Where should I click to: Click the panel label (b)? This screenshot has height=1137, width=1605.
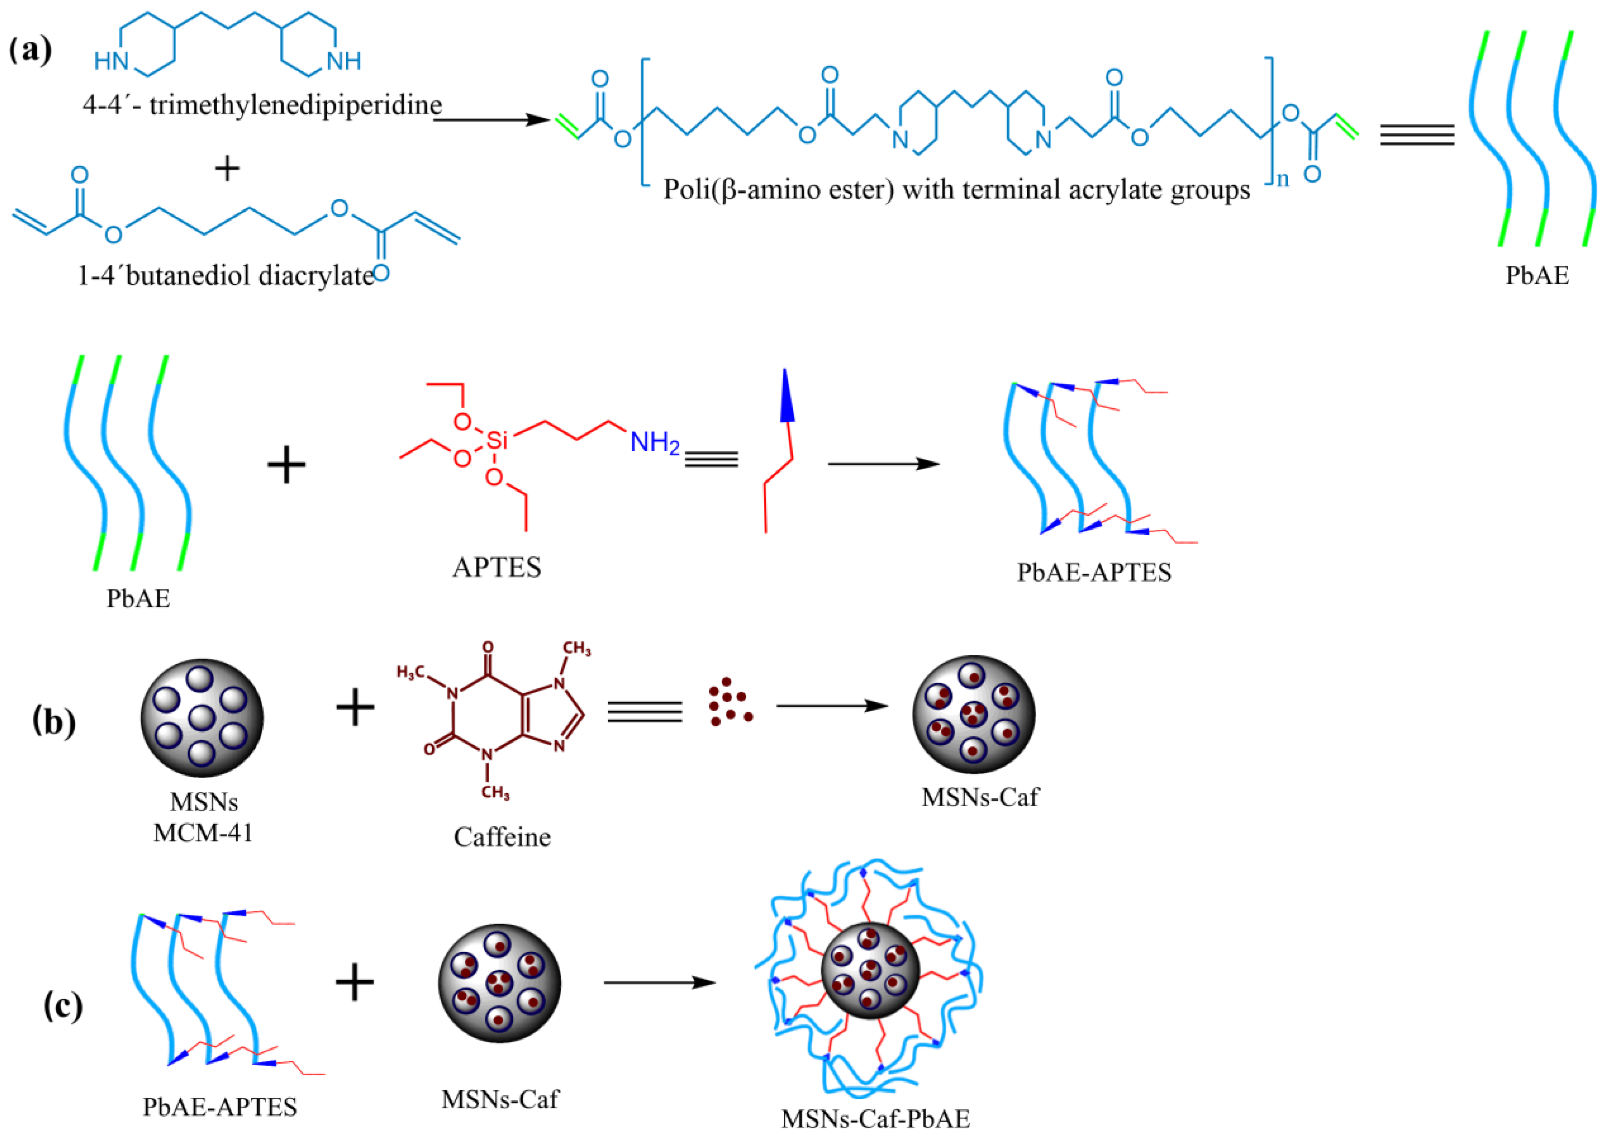pos(54,722)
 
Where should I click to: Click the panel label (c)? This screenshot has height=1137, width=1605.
pos(62,1006)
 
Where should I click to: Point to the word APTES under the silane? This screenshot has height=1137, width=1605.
pos(496,567)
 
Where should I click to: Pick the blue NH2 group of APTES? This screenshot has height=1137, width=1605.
pos(654,442)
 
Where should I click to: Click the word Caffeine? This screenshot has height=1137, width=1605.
pos(502,837)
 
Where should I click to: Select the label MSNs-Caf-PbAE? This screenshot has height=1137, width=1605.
pos(875,1118)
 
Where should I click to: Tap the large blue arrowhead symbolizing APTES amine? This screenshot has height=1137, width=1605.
pos(787,396)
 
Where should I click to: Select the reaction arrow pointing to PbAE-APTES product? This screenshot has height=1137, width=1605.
pos(883,463)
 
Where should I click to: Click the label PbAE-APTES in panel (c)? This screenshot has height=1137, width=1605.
pos(220,1106)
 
